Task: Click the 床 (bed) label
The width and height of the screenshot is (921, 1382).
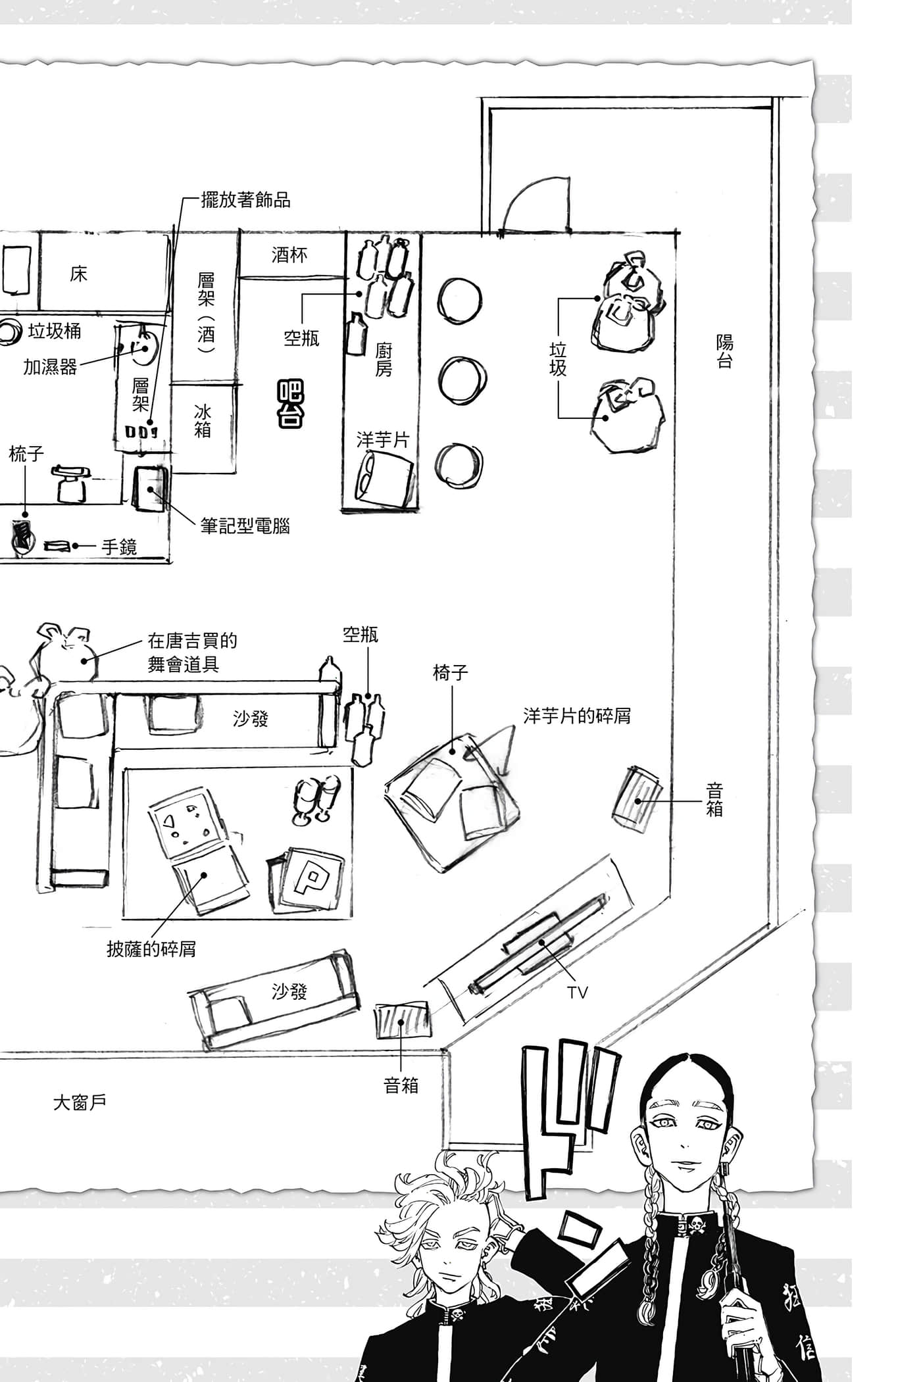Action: (x=78, y=274)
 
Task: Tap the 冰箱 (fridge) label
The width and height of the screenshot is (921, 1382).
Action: (x=203, y=421)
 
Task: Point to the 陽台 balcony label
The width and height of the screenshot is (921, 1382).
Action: (x=724, y=351)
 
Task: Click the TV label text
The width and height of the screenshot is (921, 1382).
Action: (x=577, y=993)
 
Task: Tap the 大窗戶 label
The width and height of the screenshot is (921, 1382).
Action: (x=80, y=1102)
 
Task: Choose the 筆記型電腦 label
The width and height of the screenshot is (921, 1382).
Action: (x=245, y=526)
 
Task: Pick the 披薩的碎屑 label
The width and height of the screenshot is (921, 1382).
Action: (x=151, y=949)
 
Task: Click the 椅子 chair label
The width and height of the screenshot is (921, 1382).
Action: (x=451, y=672)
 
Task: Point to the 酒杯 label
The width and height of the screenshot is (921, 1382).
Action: (x=289, y=255)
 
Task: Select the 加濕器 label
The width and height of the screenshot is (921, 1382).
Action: (x=50, y=367)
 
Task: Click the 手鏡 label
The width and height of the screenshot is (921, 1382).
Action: (x=119, y=547)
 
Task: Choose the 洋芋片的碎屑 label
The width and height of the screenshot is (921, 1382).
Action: (x=577, y=716)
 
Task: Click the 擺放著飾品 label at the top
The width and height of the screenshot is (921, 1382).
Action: (x=245, y=200)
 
